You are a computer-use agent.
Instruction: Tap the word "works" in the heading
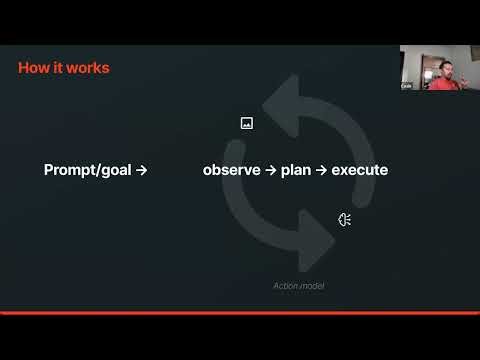pyautogui.click(x=88, y=68)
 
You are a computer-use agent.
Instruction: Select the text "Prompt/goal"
pyautogui.click(x=88, y=170)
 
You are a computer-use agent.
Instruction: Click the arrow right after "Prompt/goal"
pyautogui.click(x=142, y=170)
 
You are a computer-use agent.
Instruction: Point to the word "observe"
pyautogui.click(x=232, y=170)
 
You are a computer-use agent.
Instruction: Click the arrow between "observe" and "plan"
pyautogui.click(x=271, y=170)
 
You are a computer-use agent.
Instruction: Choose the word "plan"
pyautogui.click(x=296, y=170)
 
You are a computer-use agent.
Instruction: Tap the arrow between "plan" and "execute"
pyautogui.click(x=321, y=170)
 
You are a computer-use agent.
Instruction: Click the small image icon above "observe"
pyautogui.click(x=247, y=123)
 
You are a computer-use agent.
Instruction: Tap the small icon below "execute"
pyautogui.click(x=344, y=220)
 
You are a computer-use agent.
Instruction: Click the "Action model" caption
pyautogui.click(x=299, y=286)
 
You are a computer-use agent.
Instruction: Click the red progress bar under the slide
pyautogui.click(x=240, y=313)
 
